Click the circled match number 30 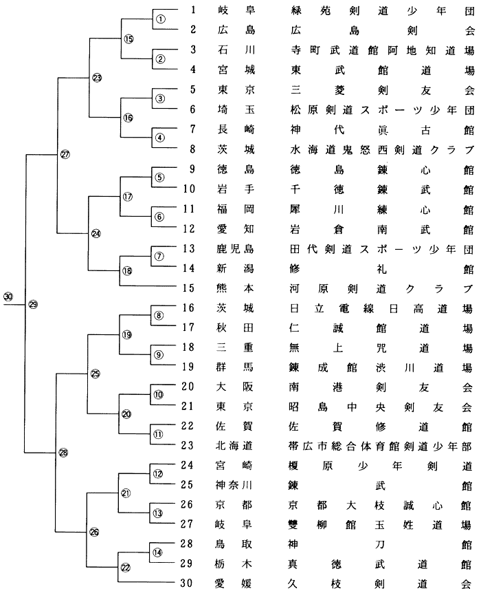8,297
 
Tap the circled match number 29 33,304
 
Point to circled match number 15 128,39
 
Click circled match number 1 160,19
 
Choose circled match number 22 126,567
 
